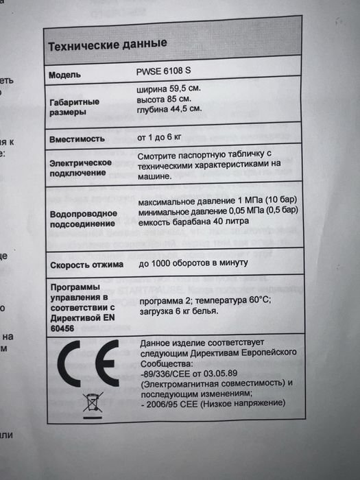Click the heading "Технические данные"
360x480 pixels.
108,46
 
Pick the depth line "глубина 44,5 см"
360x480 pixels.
169,108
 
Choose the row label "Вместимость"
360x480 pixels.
77,139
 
